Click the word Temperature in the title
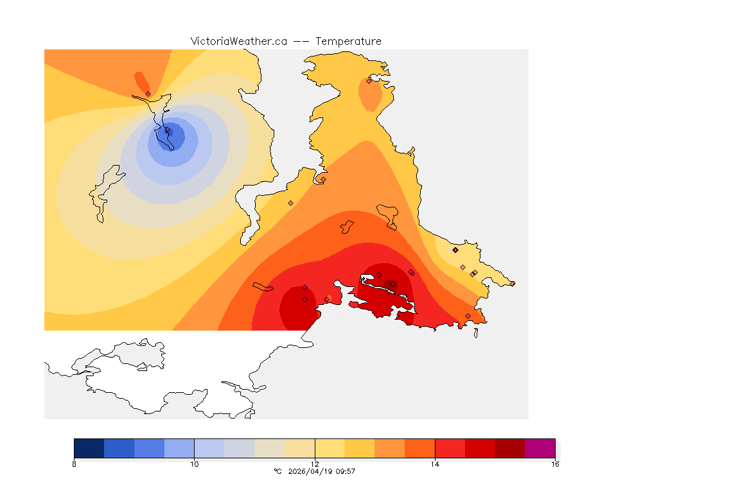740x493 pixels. [348, 41]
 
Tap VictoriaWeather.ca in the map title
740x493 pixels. [238, 41]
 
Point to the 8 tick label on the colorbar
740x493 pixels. [75, 463]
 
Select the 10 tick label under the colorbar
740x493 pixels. [194, 463]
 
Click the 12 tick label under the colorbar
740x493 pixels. [315, 463]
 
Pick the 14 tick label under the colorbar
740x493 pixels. [435, 463]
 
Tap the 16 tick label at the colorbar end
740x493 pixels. [555, 463]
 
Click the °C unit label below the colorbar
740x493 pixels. [277, 471]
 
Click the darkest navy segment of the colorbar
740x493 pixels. [89, 448]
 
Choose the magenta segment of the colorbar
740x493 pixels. [540, 448]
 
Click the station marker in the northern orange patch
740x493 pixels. [369, 81]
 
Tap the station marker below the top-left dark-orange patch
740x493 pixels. [148, 94]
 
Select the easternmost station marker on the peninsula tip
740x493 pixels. [512, 283]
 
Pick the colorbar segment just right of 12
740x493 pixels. [330, 448]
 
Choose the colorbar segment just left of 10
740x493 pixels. [179, 448]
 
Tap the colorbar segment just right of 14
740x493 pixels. [450, 448]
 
